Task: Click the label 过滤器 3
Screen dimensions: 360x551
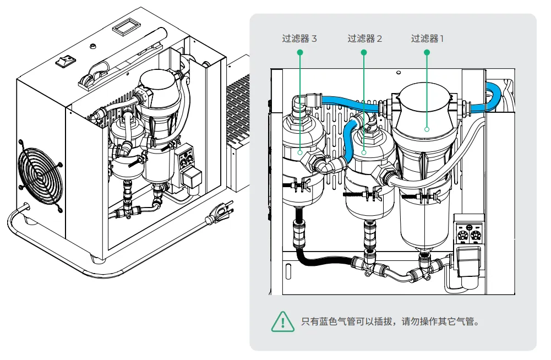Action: click(x=299, y=39)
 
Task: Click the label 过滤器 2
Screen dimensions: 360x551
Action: click(x=364, y=39)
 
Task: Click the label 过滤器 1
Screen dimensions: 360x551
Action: click(x=427, y=39)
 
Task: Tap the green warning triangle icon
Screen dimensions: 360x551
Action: click(x=282, y=320)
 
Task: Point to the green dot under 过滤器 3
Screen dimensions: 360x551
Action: click(x=300, y=52)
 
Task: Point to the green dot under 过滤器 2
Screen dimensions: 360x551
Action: click(x=364, y=52)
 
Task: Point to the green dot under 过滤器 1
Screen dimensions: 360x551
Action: click(x=427, y=52)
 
